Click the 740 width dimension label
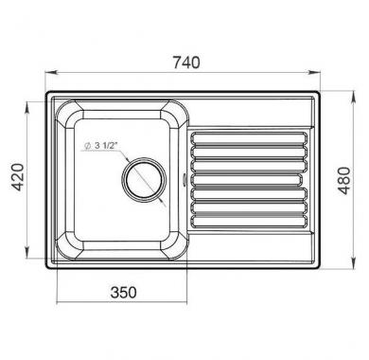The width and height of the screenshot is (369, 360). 186,63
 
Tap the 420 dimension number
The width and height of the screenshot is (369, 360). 18,177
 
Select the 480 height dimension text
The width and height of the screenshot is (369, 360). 343,181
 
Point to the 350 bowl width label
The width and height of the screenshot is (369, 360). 124,292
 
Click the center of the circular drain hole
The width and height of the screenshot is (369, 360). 144,179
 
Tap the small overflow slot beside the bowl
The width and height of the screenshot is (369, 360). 185,179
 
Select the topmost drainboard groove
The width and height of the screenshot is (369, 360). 249,138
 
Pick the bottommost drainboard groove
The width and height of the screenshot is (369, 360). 249,222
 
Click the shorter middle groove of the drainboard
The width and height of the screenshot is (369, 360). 246,180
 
